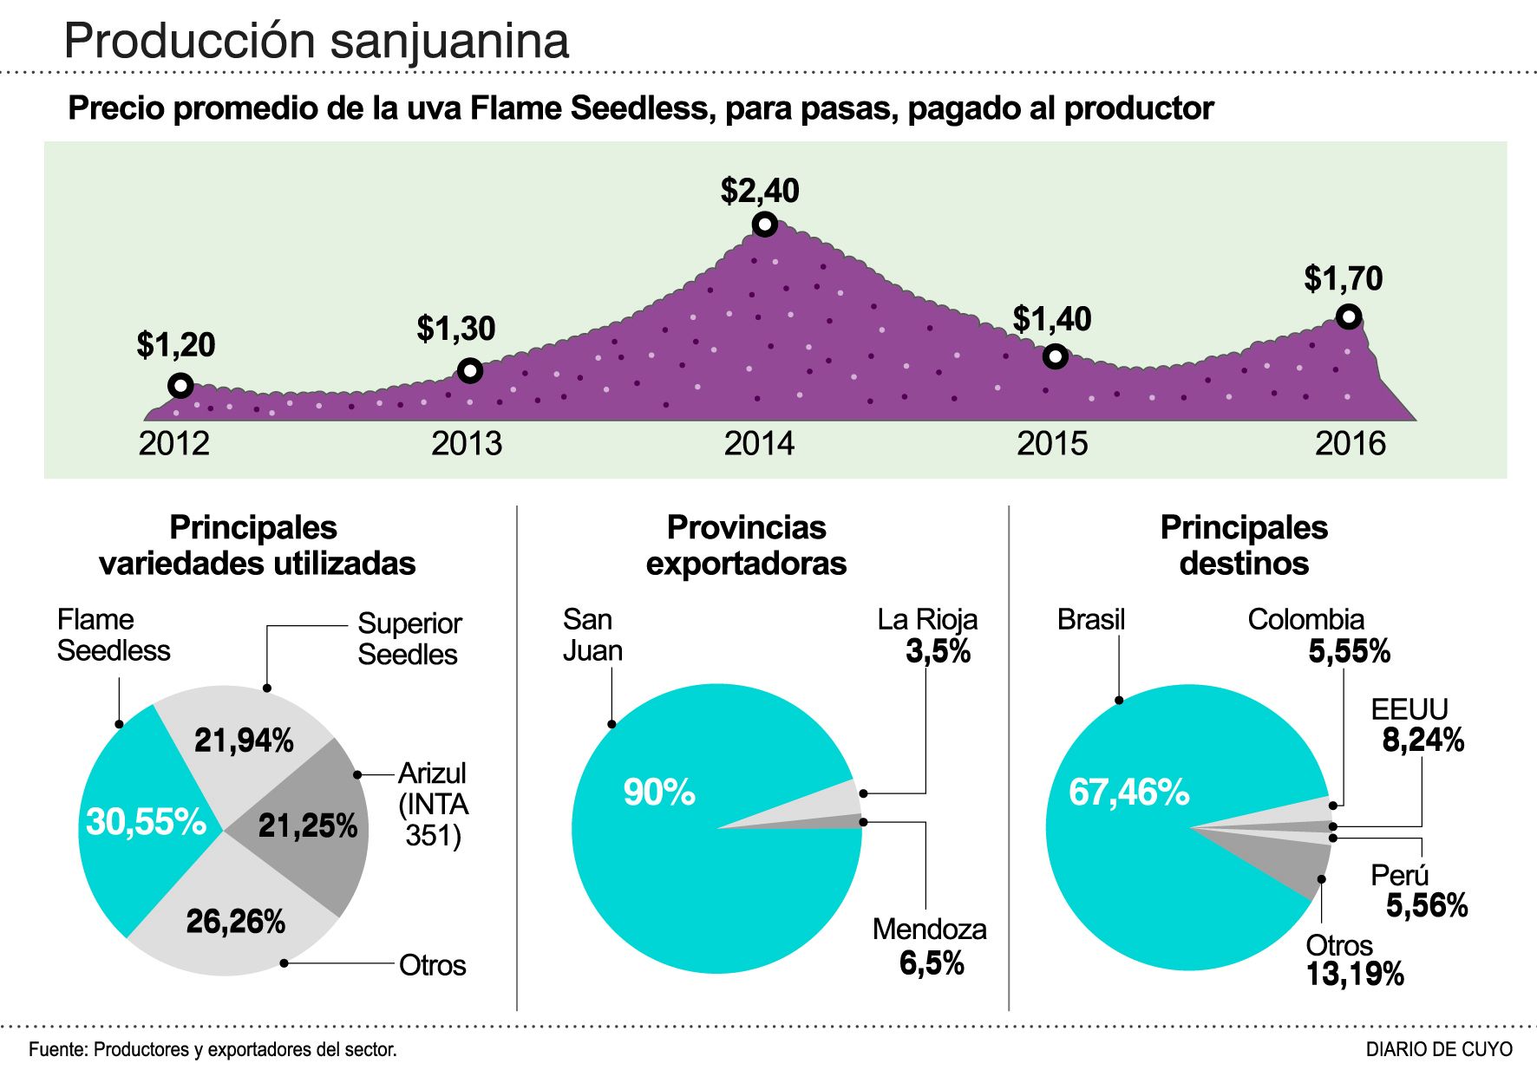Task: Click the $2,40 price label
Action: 760,191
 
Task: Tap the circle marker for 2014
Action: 764,225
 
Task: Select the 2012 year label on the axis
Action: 174,444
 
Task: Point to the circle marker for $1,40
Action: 1055,356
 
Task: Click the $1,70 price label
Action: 1344,279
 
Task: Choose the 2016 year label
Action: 1351,444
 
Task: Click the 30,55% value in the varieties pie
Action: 146,822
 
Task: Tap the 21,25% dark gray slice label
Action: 308,826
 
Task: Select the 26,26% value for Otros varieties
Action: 236,922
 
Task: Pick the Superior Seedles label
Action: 409,639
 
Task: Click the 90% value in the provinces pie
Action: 659,793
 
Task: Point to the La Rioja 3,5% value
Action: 938,651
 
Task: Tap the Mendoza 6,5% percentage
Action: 932,963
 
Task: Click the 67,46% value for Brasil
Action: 1128,793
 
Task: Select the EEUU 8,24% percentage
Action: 1423,741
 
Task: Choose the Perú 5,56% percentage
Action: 1426,906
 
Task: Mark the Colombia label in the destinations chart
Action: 1305,620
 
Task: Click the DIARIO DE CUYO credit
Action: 1438,1049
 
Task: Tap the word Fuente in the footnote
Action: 57,1049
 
